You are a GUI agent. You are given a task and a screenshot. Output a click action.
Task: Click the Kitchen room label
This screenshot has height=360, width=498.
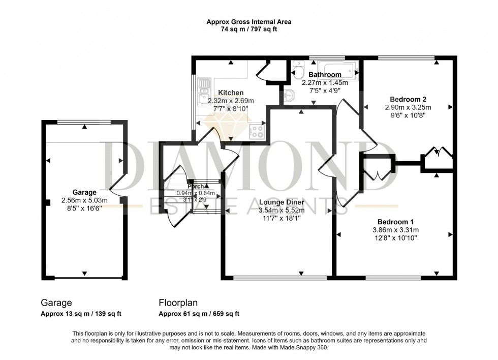click(x=231, y=93)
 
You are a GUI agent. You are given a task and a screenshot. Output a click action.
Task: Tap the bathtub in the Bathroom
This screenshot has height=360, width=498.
click(x=338, y=69)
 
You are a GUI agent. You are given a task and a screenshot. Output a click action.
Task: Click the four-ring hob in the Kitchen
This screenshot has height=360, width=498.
click(x=257, y=132)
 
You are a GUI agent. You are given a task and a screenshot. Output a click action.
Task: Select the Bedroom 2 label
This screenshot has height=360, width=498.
click(x=408, y=99)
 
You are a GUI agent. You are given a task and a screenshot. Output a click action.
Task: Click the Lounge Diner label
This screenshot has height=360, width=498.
click(x=281, y=202)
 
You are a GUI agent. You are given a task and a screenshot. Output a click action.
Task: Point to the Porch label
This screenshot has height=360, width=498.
click(x=196, y=187)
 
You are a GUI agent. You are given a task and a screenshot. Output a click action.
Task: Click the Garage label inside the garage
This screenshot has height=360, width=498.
click(x=84, y=192)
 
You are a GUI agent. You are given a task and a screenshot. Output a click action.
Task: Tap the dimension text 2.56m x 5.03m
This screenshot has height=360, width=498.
click(x=84, y=200)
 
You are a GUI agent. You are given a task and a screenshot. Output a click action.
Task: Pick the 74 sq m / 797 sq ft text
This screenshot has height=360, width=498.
click(x=248, y=29)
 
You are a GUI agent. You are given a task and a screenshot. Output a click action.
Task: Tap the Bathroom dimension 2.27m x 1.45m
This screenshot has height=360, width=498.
click(x=325, y=83)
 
